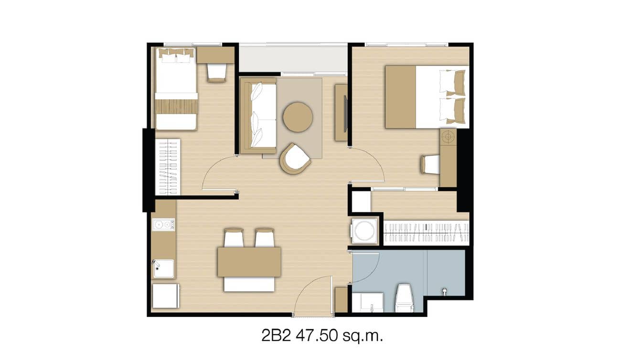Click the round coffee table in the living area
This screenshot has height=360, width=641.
tap(298, 117)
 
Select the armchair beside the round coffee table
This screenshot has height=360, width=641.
tap(295, 159)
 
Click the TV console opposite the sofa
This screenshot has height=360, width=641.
tap(341, 113)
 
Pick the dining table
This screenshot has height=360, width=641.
tap(249, 262)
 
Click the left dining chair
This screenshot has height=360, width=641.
tap(234, 238)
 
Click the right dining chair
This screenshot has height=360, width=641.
tap(265, 238)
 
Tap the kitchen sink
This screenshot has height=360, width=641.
tap(163, 269)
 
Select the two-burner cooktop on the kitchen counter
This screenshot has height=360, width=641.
tap(163, 224)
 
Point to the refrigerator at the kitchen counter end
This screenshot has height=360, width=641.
tap(165, 296)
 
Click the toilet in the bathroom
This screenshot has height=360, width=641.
tap(404, 298)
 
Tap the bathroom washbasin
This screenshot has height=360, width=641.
tap(368, 302)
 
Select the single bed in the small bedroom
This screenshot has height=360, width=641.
tap(176, 91)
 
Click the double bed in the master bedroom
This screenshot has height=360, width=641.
tap(427, 97)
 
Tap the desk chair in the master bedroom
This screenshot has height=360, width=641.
tap(430, 165)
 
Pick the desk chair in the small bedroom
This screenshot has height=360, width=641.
tap(216, 73)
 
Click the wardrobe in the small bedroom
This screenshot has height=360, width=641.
tap(168, 167)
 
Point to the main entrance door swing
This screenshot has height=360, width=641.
tap(313, 296)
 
